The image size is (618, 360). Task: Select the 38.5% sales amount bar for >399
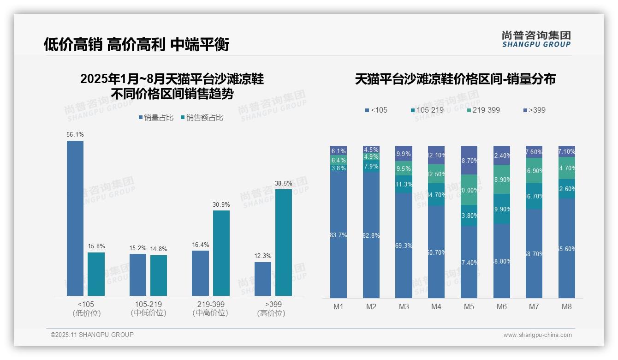[284, 242]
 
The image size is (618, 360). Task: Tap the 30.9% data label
[221, 204]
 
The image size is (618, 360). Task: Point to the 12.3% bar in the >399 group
[263, 279]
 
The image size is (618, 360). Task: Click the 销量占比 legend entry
[156, 118]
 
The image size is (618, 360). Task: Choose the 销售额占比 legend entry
[202, 118]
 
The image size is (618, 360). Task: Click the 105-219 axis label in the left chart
[149, 305]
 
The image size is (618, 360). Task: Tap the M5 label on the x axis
[469, 306]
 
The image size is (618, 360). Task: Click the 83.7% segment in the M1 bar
[339, 235]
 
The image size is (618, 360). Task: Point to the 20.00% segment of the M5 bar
[469, 190]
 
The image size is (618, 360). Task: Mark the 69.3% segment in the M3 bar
[404, 246]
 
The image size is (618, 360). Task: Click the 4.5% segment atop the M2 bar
[371, 150]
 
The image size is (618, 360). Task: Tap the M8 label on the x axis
[567, 306]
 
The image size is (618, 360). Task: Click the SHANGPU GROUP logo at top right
[536, 39]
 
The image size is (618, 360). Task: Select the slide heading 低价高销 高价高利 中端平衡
[137, 44]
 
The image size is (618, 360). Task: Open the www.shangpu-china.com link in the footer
[537, 335]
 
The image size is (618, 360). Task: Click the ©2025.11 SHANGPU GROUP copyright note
[92, 335]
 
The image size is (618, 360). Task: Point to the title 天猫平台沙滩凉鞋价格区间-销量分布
[455, 79]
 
